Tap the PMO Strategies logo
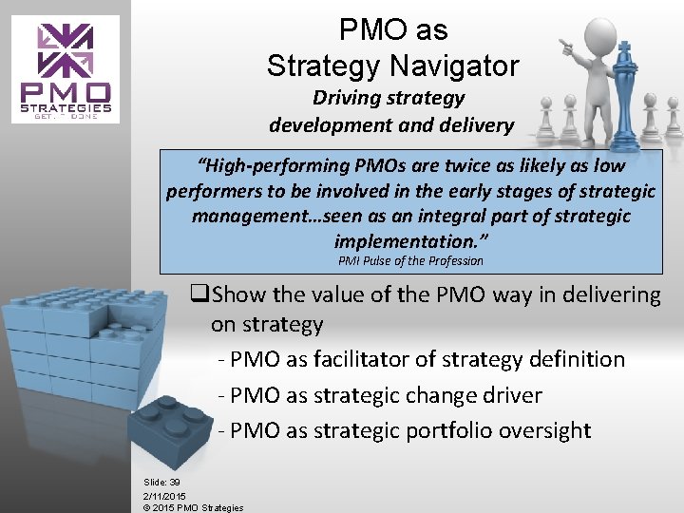point(66,68)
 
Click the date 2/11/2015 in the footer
point(164,496)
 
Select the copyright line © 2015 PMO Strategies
point(193,508)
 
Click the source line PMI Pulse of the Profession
point(410,260)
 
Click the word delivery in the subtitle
point(478,124)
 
